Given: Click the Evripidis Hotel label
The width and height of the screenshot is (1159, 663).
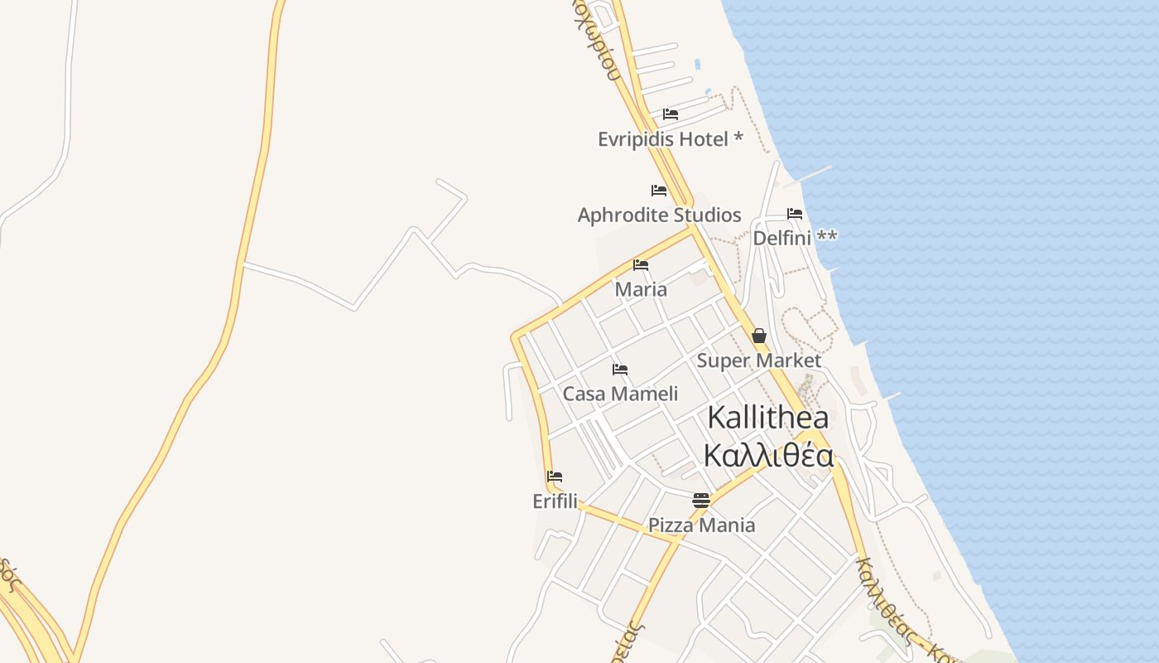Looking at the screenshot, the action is pos(663,139).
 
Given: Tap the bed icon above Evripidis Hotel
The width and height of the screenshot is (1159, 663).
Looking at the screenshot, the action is pos(671,114).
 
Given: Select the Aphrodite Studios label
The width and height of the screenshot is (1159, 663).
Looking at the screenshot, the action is pos(659,215).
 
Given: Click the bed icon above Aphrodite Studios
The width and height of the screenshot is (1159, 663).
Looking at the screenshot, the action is pos(659,191).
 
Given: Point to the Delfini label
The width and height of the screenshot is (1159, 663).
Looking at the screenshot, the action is pos(781,239).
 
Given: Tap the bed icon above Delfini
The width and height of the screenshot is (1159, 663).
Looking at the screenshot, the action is pos(795,214).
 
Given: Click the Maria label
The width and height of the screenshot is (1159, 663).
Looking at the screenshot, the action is pos(641,290).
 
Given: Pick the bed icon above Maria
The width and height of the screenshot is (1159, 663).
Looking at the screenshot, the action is pos(641,265).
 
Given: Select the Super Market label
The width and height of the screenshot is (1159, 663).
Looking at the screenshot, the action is pos(758,361).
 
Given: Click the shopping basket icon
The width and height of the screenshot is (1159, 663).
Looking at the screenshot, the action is pos(759,336).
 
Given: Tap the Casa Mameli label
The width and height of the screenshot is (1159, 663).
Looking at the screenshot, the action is pos(620,394).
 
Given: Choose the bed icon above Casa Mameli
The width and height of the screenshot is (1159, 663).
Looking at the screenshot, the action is pos(620,370).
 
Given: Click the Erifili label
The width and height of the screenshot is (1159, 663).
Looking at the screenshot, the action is pos(555,501).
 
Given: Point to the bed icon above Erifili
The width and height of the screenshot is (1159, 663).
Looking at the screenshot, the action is pos(555,477).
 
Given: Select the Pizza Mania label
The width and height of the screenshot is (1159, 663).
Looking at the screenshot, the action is pos(701,525).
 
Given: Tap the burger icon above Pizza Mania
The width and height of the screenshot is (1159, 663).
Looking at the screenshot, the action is pos(701,500).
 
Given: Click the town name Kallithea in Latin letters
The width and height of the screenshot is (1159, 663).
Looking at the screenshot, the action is pos(768,418).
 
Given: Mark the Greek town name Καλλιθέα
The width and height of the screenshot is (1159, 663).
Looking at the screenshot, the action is pos(768,455).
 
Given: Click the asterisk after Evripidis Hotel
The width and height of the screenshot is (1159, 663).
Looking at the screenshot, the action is pos(738,138).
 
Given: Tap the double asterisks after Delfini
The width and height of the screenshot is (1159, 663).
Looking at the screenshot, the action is pos(827,237).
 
